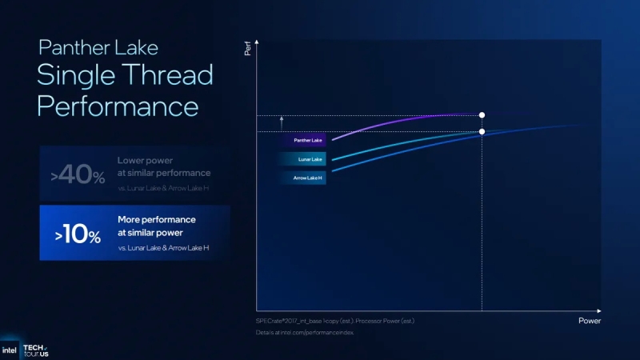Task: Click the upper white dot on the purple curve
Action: [x=482, y=115]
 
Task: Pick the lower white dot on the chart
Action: [x=482, y=132]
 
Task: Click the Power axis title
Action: [x=589, y=320]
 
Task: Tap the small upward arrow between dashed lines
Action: [x=282, y=122]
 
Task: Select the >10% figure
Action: [x=78, y=235]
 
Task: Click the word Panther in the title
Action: [x=73, y=47]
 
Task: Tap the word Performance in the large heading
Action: [x=118, y=106]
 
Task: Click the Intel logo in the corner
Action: [x=10, y=350]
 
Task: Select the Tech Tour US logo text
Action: [x=36, y=350]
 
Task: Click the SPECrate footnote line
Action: [x=334, y=320]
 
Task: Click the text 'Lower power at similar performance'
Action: [x=163, y=166]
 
